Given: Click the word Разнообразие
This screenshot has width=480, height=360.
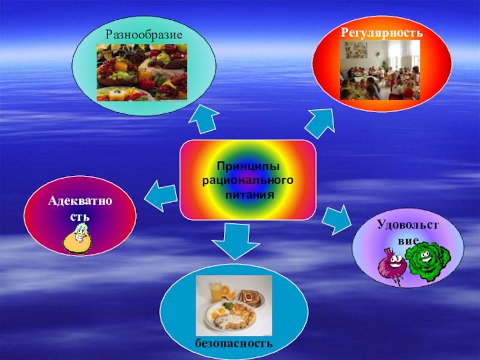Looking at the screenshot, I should (144, 32).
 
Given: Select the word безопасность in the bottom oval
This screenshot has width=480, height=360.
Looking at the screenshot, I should (234, 343).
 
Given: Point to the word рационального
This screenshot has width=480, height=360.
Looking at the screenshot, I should (247, 180).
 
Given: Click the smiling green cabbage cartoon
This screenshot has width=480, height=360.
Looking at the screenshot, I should (427, 259).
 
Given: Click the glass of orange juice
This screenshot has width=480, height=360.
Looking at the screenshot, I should (215, 292).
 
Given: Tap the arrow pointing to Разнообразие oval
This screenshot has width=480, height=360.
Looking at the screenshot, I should (205, 118).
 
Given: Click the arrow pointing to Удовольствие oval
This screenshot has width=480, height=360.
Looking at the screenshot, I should (336, 219).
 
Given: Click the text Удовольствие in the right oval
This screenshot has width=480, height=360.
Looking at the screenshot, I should (407, 232).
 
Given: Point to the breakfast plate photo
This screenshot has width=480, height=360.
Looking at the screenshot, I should (235, 304).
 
